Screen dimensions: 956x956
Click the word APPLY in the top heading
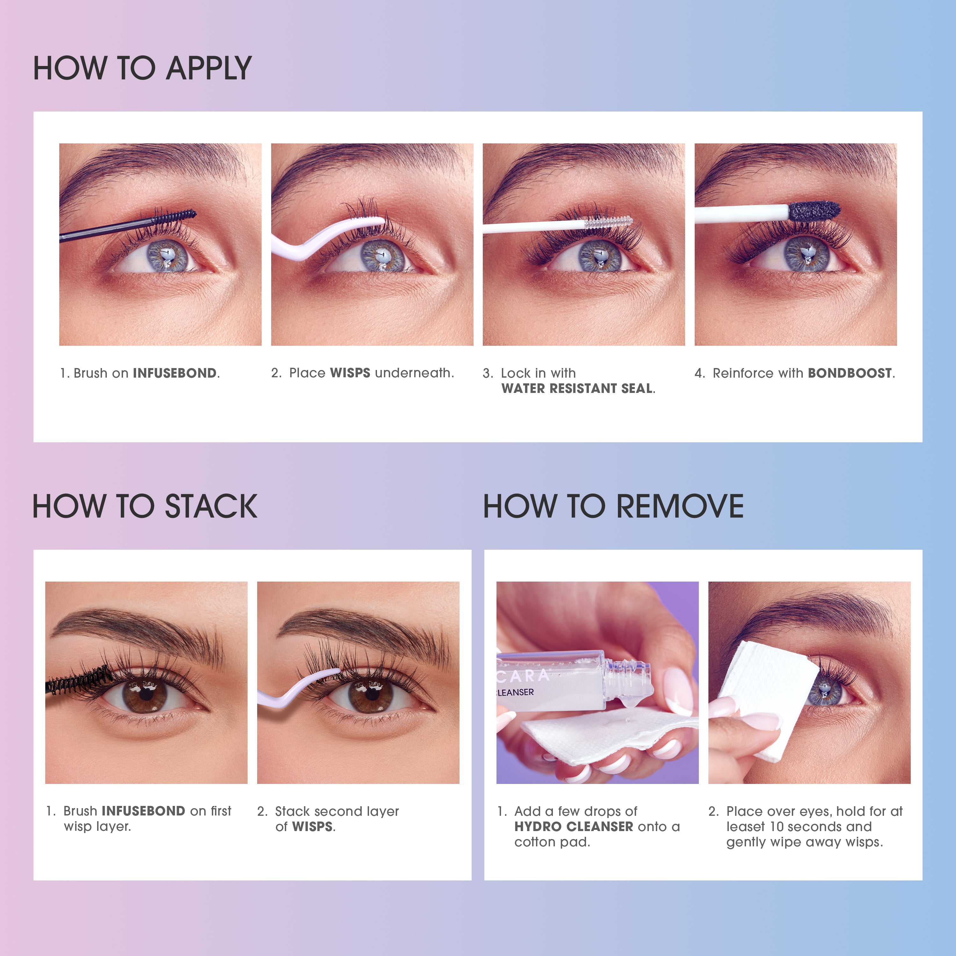[x=208, y=68]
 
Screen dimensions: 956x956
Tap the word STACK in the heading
[x=211, y=506]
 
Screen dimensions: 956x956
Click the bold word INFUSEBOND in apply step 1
[x=175, y=373]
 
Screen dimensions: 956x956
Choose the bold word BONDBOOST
[x=850, y=373]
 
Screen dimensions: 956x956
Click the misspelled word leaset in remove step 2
[x=746, y=826]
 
